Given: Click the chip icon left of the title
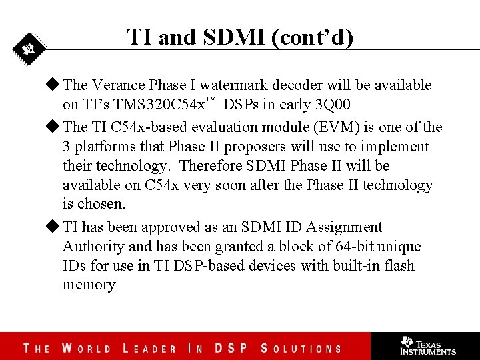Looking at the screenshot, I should click(x=29, y=49).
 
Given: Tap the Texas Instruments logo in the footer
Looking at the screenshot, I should click(x=427, y=345).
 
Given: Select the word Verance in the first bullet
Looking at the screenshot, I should click(x=118, y=85).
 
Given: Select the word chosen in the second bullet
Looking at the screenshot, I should click(x=102, y=204).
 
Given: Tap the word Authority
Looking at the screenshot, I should click(x=93, y=247).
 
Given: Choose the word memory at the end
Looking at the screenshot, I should click(x=89, y=285).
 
